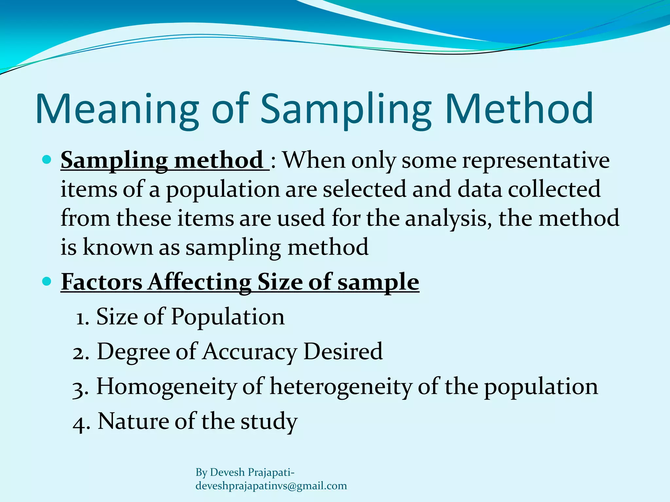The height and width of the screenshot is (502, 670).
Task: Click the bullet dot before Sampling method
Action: [47, 159]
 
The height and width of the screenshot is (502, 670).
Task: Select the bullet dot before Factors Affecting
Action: [47, 281]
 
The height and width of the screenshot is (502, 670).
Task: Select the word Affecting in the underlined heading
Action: [199, 281]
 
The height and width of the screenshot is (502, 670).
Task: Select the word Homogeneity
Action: [166, 387]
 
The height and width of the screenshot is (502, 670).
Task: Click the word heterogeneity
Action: [341, 387]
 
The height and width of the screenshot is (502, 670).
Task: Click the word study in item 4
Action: [269, 422]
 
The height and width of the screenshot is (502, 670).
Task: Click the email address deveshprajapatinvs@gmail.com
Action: [271, 486]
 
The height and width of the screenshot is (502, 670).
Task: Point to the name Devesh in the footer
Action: [227, 472]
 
